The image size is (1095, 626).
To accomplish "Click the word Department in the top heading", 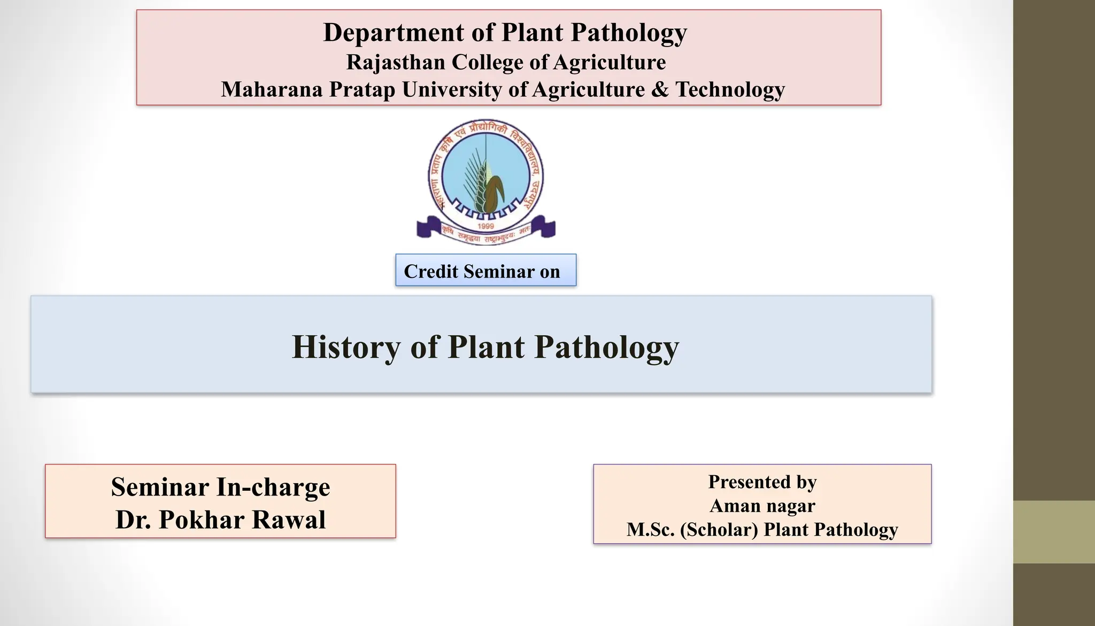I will pyautogui.click(x=393, y=33).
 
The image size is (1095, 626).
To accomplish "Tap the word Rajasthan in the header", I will pyautogui.click(x=395, y=62).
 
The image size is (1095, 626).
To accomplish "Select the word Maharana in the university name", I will pyautogui.click(x=272, y=89).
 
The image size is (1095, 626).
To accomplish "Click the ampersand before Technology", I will pyautogui.click(x=660, y=89).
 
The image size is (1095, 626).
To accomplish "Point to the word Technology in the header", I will pyautogui.click(x=730, y=89).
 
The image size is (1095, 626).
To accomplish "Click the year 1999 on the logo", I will pyautogui.click(x=485, y=226).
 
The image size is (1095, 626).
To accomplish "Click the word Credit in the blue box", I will pyautogui.click(x=431, y=272).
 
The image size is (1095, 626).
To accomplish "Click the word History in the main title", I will pyautogui.click(x=346, y=347).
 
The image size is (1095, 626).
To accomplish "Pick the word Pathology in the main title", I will pyautogui.click(x=606, y=347).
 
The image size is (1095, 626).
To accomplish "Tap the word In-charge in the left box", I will pyautogui.click(x=273, y=487).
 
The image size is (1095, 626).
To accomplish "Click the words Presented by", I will pyautogui.click(x=762, y=482).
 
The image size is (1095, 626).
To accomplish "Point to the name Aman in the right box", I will pyautogui.click(x=734, y=506).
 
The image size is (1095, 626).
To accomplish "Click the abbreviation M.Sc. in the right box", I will pyautogui.click(x=650, y=530).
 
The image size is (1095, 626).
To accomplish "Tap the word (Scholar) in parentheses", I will pyautogui.click(x=719, y=530).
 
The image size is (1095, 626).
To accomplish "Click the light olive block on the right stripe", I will pyautogui.click(x=1054, y=532).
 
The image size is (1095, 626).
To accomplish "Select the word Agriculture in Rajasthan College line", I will pyautogui.click(x=609, y=62).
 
